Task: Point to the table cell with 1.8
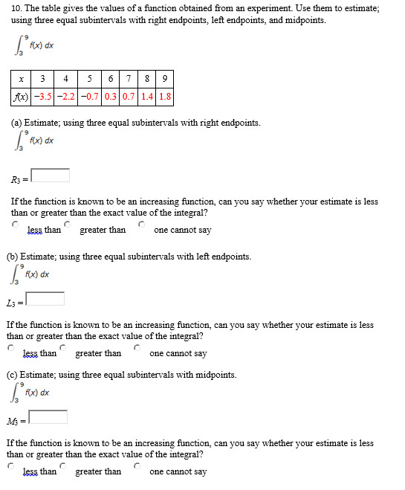[x=166, y=96]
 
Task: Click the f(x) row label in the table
[x=21, y=96]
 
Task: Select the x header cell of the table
[x=21, y=78]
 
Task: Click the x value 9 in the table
[x=166, y=78]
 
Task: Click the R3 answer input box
[x=51, y=175]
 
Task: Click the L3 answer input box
[x=45, y=299]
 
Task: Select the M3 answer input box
[x=48, y=417]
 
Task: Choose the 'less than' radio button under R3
[x=15, y=223]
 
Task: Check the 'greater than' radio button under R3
[x=68, y=223]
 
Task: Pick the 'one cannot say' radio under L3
[x=138, y=347]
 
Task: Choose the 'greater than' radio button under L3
[x=64, y=347]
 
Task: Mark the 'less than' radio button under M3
[x=11, y=465]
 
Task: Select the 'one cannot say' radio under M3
[x=138, y=465]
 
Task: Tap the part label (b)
[x=13, y=257]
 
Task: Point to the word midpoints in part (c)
[x=216, y=375]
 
